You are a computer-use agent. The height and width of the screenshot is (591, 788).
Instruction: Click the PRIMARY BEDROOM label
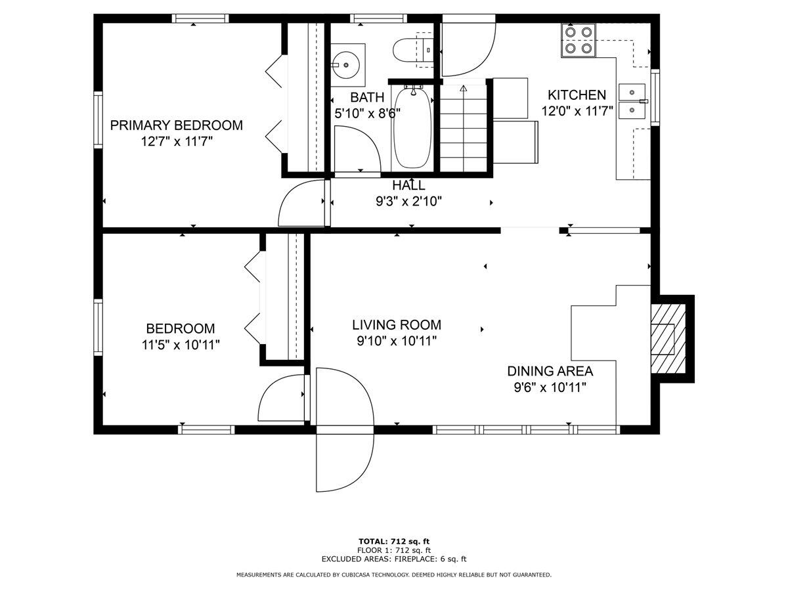(x=176, y=125)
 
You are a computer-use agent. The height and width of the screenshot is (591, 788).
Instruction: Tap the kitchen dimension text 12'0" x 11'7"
(x=577, y=111)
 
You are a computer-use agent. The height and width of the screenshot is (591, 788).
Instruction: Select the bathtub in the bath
(x=412, y=127)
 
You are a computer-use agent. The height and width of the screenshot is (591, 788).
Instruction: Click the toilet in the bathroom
(x=413, y=50)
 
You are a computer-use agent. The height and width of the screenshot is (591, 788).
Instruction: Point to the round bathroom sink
(x=345, y=65)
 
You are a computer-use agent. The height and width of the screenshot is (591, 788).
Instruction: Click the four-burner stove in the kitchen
(x=578, y=40)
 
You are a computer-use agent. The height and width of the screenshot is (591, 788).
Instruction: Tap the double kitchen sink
(x=632, y=101)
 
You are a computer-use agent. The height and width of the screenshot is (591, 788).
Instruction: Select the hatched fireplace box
(x=668, y=339)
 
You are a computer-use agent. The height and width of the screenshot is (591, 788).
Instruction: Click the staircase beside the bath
(x=463, y=128)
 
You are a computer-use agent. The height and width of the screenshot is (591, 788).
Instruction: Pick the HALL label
(x=408, y=186)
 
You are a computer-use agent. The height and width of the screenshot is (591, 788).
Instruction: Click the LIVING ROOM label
(x=397, y=325)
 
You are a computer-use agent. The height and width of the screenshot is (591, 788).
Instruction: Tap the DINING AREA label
(x=550, y=371)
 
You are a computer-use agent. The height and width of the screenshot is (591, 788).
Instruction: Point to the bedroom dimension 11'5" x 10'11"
(x=181, y=345)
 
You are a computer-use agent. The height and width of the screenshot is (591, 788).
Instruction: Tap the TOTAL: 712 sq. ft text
(x=394, y=542)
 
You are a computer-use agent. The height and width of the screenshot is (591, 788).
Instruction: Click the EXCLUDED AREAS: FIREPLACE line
(x=394, y=559)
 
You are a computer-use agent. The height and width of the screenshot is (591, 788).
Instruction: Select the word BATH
(x=367, y=97)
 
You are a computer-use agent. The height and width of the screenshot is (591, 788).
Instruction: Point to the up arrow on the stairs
(x=464, y=88)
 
